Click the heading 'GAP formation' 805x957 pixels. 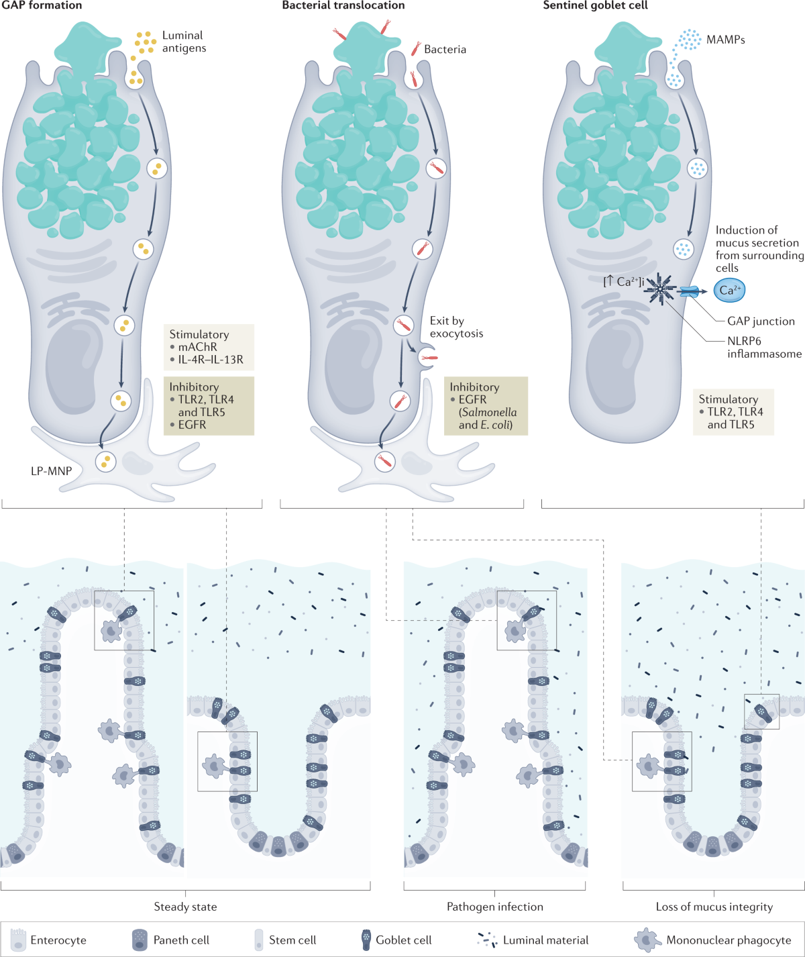pyautogui.click(x=42, y=5)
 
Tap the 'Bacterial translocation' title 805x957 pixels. pyautogui.click(x=343, y=5)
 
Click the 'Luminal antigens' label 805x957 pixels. pyautogui.click(x=184, y=42)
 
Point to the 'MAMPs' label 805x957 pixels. pyautogui.click(x=725, y=40)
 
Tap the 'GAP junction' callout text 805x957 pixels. pyautogui.click(x=761, y=321)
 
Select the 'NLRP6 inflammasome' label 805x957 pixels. pyautogui.click(x=764, y=347)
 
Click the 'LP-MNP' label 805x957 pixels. pyautogui.click(x=51, y=470)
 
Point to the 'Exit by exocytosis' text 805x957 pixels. pyautogui.click(x=456, y=327)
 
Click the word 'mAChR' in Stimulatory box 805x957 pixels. pyautogui.click(x=197, y=347)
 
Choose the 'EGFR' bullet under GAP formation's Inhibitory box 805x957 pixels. pyautogui.click(x=192, y=424)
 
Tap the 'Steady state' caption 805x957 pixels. pyautogui.click(x=185, y=907)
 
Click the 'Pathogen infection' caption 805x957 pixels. pyautogui.click(x=495, y=907)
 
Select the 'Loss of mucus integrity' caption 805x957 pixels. pyautogui.click(x=714, y=907)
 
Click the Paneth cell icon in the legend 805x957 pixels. pyautogui.click(x=140, y=940)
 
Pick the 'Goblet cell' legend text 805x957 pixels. pyautogui.click(x=403, y=940)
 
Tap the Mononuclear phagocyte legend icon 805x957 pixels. pyautogui.click(x=646, y=940)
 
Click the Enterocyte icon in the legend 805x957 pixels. pyautogui.click(x=18, y=940)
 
